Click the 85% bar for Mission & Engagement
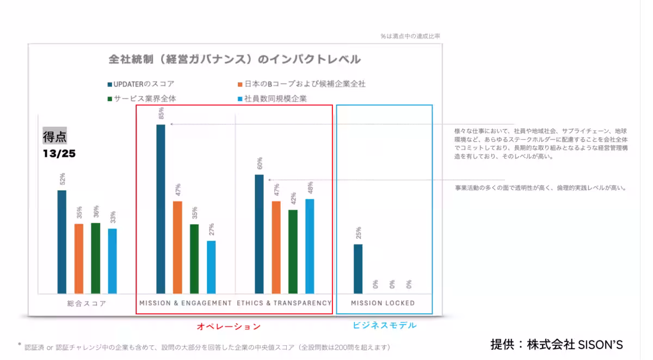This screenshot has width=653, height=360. pos(161,209)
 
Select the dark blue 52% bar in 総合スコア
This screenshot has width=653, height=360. pos(62,242)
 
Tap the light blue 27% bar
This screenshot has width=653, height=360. pos(211,267)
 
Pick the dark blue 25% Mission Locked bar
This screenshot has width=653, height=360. pos(358,269)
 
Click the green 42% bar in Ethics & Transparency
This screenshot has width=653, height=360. pos(293,252)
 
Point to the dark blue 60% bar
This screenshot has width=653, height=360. pos(259,234)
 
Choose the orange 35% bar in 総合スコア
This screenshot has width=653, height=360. pos(79,258)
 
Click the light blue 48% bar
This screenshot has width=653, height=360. pos(310,246)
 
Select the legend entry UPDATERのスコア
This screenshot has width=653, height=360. pos(144,84)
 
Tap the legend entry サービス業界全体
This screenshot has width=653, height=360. pos(145,98)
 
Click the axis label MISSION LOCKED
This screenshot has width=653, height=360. pos(383,303)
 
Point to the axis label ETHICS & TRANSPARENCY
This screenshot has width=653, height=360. pos(284,303)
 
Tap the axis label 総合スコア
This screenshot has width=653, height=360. pos(88,303)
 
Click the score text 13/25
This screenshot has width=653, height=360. pos(59,154)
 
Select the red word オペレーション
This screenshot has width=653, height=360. pos(229,326)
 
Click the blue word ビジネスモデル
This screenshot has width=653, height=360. pos(385,325)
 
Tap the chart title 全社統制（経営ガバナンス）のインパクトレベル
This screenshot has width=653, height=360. pos(235,59)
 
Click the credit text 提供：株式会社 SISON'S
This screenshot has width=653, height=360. pos(556,344)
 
